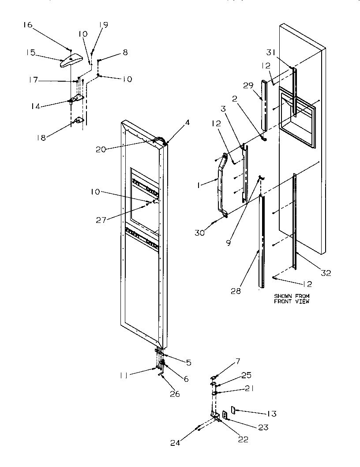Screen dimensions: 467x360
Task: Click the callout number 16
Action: coord(27,25)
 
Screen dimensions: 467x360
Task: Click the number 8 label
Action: coord(125,52)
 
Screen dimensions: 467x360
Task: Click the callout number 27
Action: coord(102,219)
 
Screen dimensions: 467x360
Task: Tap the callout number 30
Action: coord(200,232)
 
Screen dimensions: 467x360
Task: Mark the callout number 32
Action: coord(326,272)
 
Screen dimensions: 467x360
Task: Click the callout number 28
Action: coord(236,291)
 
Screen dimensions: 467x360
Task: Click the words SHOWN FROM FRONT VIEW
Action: coord(292,299)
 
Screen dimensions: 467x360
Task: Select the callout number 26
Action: coord(175,394)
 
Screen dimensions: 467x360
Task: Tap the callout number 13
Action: coord(271,414)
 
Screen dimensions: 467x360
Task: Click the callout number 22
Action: coord(243,439)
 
